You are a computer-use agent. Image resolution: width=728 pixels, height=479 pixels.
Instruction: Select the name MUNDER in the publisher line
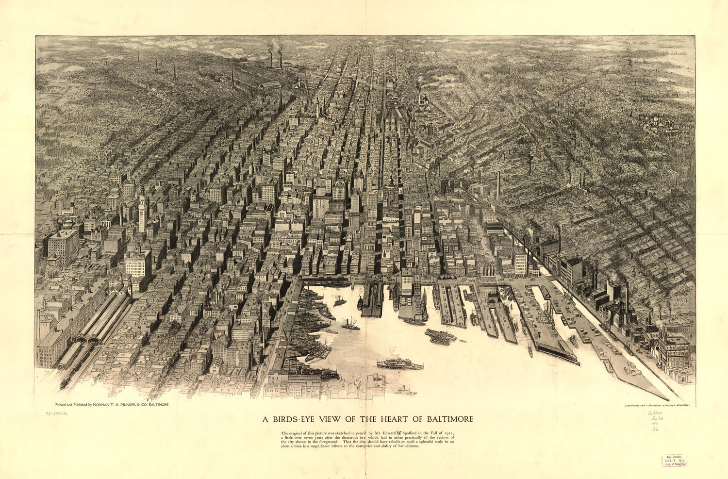click(135, 404)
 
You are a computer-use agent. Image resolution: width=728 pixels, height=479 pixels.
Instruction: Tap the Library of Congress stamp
click(674, 461)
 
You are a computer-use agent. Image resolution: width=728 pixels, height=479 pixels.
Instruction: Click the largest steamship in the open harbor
click(400, 364)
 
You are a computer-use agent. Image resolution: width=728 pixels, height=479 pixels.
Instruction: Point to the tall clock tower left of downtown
click(142, 209)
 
